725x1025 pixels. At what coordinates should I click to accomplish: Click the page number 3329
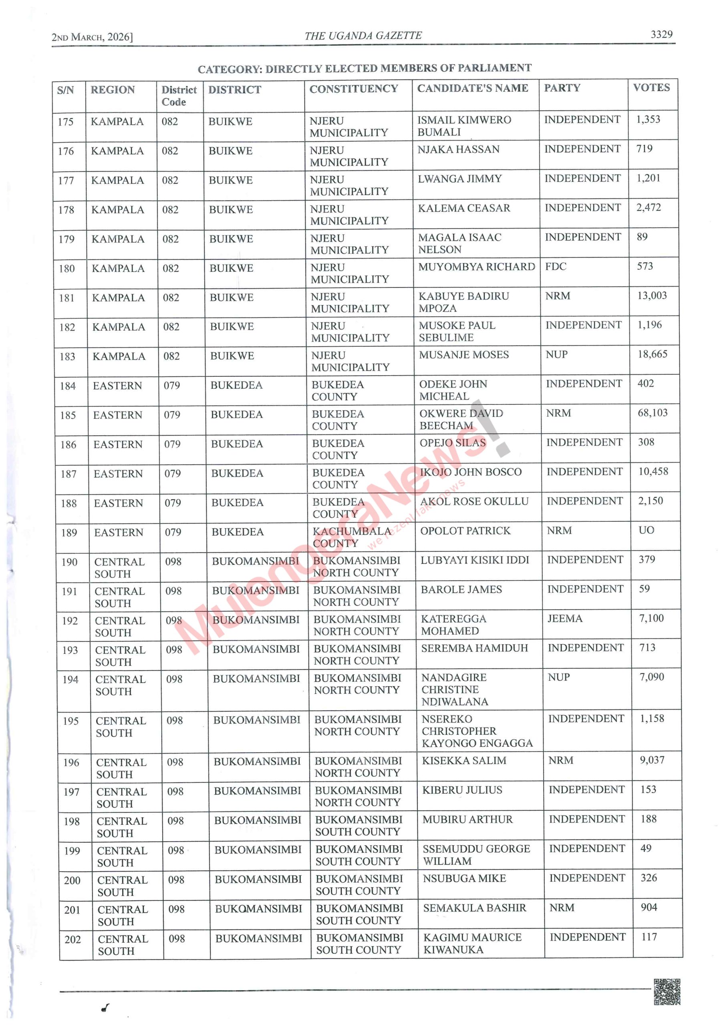coord(661,34)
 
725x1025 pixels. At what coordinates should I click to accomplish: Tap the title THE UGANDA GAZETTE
coord(363,36)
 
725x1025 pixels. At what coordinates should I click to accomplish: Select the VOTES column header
coord(651,88)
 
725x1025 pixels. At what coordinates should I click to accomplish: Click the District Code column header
coord(179,96)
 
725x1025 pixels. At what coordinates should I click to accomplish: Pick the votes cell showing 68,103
coord(652,412)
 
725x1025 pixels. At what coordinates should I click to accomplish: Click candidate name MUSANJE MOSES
coord(464,354)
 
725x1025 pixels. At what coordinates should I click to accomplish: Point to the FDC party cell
coord(555,267)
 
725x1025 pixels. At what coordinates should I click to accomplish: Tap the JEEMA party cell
coord(565,618)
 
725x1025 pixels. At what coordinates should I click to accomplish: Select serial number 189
coord(69,533)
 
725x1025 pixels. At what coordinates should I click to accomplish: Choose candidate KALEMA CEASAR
coord(464,208)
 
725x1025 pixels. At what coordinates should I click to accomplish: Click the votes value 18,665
coord(652,354)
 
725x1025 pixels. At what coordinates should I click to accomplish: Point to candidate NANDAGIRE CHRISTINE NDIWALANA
coord(454,689)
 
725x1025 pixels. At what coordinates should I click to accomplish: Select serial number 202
coord(72,939)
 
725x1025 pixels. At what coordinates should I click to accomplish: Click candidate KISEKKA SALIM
coord(464,760)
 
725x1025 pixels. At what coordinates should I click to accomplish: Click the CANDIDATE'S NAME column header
coord(472,88)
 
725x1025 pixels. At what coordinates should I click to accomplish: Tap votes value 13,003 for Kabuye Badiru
coord(651,295)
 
